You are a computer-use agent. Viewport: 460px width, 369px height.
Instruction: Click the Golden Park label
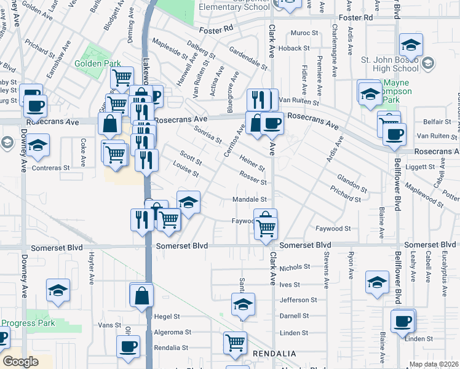92,63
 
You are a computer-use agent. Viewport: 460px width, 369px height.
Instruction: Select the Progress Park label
28,323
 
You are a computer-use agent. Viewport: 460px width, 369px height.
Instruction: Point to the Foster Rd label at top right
360,18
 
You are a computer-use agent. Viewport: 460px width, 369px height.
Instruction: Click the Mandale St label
249,199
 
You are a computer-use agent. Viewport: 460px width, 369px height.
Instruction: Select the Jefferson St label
298,300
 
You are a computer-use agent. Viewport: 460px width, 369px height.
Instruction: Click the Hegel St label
167,317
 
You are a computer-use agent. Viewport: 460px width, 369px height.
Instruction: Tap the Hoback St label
294,48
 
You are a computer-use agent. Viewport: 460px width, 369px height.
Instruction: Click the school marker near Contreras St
38,146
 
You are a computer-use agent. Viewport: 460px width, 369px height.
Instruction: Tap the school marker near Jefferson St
243,304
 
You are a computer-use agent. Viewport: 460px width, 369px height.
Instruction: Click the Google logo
20,362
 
